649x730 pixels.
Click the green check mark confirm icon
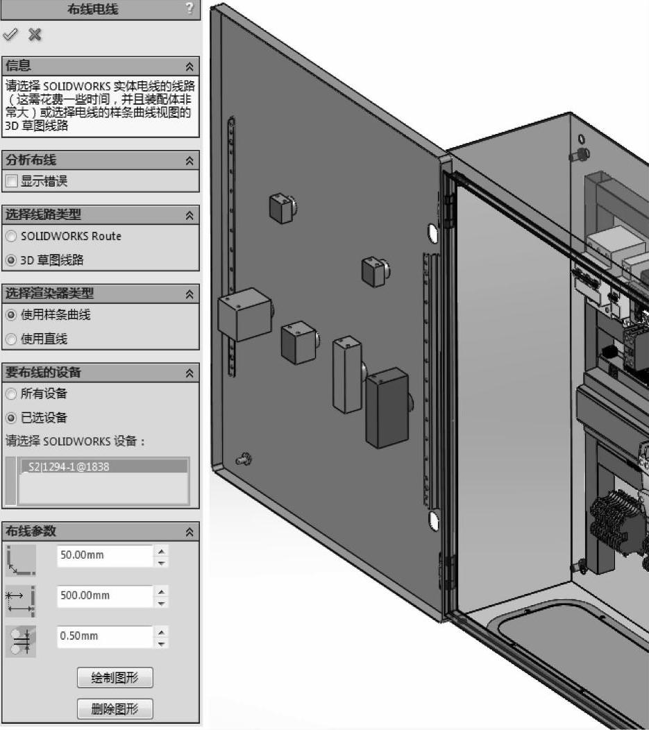10,34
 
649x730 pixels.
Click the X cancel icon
35,35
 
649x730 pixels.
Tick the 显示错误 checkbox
12,180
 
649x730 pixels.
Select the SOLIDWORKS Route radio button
10,237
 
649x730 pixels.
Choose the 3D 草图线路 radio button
10,260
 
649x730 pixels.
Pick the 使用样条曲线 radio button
10,315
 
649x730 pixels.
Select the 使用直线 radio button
10,339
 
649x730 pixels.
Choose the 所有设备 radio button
10,394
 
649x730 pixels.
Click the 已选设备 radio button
10,418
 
